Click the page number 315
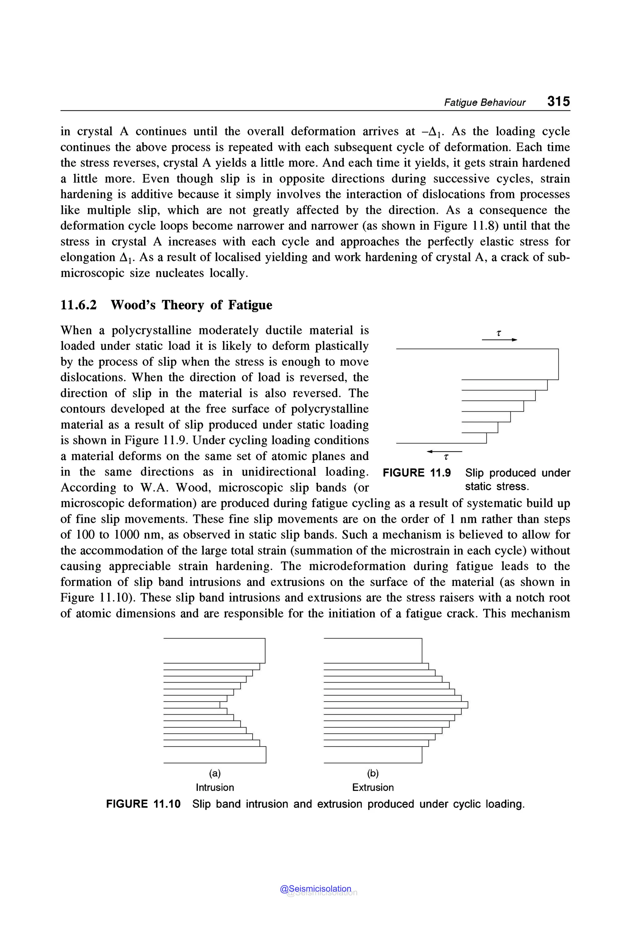tap(558, 101)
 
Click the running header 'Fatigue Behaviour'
tap(485, 103)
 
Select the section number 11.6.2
tap(79, 305)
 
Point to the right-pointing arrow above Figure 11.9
tap(500, 340)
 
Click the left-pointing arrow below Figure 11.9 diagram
tap(444, 452)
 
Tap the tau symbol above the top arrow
tap(499, 333)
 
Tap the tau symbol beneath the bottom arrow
tap(446, 457)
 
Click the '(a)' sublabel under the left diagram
tap(214, 773)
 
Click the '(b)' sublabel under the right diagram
tap(372, 773)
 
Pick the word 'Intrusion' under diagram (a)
tap(214, 788)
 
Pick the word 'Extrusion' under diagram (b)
tap(372, 788)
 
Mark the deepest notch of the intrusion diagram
tap(220, 704)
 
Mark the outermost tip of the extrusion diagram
tap(468, 704)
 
